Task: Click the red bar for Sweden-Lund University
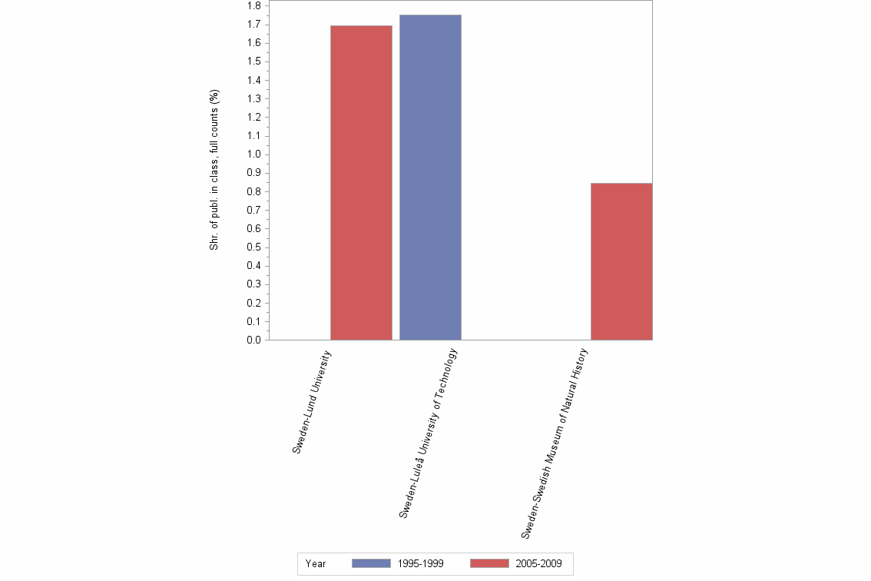pos(361,183)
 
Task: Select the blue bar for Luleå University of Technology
pos(430,178)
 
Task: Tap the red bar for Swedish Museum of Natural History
pos(621,261)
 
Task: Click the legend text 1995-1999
pos(420,563)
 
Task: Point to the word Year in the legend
pos(316,563)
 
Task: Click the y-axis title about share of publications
pos(214,170)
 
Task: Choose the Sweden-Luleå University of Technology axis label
pos(428,433)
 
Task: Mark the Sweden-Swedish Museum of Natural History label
pos(554,443)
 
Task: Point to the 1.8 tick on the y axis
pos(253,6)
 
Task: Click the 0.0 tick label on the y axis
pos(253,340)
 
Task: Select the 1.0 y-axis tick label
pos(253,154)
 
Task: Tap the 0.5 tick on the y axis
pos(253,247)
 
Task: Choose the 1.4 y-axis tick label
pos(253,80)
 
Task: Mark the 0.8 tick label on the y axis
pos(253,191)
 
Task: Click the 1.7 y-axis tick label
pos(253,25)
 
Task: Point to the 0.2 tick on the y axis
pos(253,303)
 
